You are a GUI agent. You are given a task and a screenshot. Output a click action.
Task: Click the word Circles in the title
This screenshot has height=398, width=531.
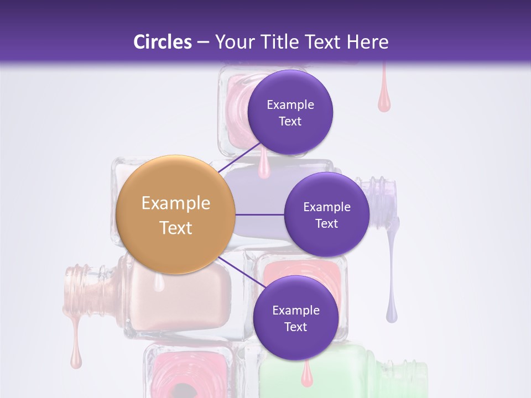(x=163, y=42)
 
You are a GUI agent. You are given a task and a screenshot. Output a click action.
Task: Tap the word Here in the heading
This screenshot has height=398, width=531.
(x=367, y=42)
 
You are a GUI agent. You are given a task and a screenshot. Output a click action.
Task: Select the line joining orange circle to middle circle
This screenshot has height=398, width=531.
(x=260, y=214)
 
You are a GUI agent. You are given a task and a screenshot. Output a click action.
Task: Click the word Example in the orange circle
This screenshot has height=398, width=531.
(x=176, y=203)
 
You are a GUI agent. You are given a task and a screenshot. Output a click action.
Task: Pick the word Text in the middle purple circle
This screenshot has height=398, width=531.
(x=326, y=224)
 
